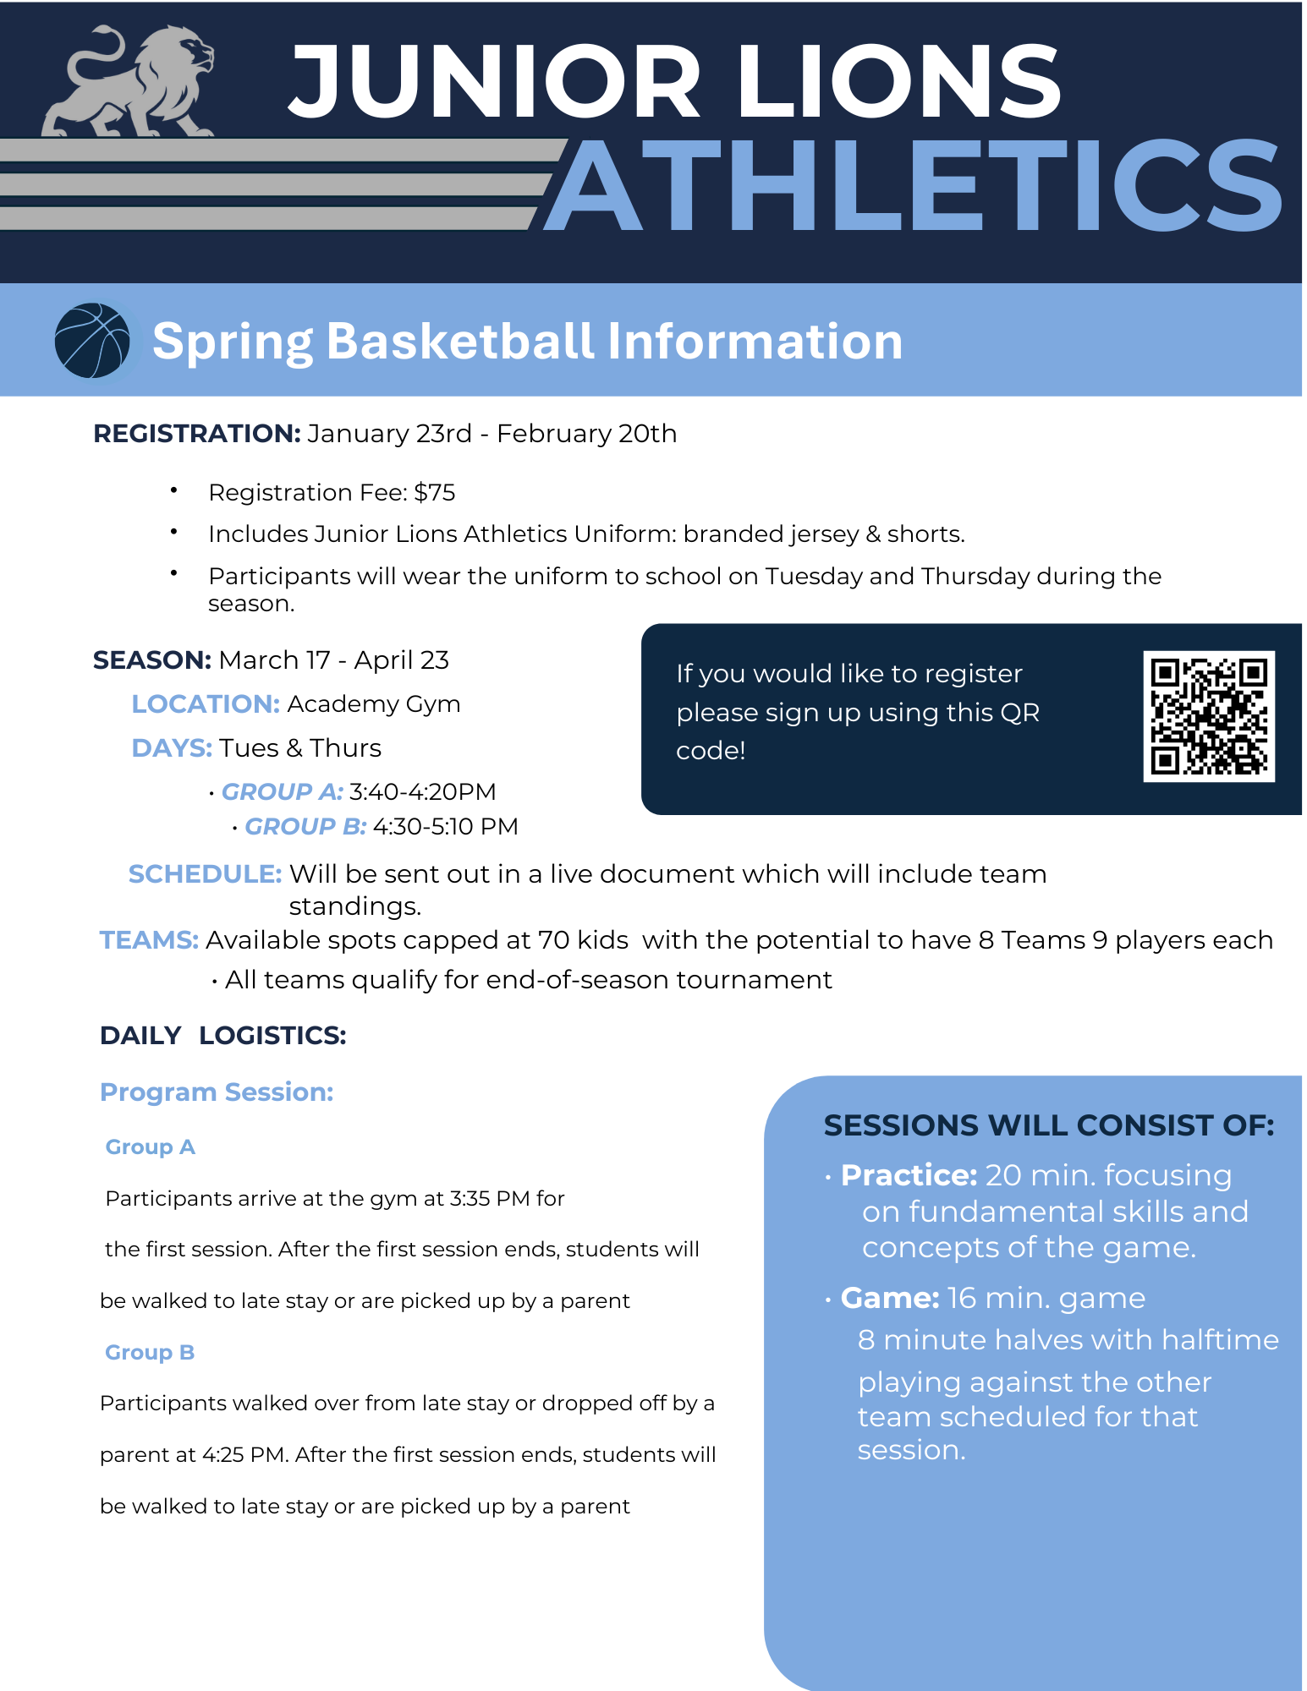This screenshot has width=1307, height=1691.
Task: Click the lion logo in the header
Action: (129, 82)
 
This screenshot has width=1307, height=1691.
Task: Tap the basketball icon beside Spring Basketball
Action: (92, 341)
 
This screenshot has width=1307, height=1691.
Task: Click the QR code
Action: (1208, 716)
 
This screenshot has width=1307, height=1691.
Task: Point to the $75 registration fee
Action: (435, 492)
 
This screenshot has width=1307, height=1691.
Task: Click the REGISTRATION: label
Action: (196, 434)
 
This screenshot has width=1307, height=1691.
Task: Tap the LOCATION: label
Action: (206, 703)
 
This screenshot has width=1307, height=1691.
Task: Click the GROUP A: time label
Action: (282, 791)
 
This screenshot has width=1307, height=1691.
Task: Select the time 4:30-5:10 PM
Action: (446, 826)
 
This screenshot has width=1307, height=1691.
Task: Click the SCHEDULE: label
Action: (205, 873)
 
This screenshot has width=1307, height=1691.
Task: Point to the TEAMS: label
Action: (149, 940)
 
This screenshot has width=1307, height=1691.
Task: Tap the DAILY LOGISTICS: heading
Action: (223, 1035)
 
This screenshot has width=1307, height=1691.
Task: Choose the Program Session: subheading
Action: (217, 1092)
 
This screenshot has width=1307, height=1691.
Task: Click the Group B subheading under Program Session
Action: (150, 1352)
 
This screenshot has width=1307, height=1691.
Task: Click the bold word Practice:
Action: (909, 1175)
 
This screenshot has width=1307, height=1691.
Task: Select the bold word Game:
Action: (889, 1298)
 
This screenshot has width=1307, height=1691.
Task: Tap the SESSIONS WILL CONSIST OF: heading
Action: (1048, 1125)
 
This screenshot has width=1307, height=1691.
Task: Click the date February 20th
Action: (586, 434)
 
